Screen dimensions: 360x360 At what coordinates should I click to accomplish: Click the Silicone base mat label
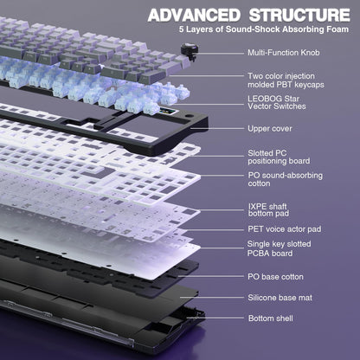pos(279,297)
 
